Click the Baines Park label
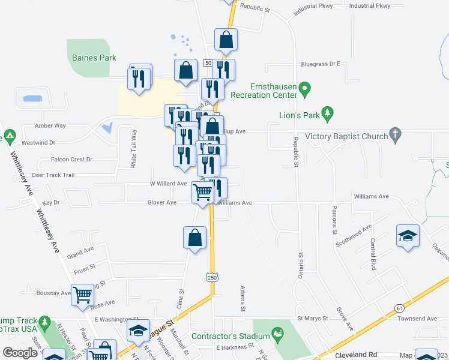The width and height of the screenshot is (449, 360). [94, 58]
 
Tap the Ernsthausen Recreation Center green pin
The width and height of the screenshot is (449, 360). [304, 90]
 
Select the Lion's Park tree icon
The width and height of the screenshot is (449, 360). [327, 112]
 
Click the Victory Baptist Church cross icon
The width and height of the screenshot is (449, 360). [394, 136]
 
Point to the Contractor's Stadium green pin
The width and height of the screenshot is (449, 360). [277, 332]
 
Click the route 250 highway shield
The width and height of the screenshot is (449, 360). [211, 277]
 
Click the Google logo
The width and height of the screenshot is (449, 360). [20, 353]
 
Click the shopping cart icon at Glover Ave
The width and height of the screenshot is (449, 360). [202, 193]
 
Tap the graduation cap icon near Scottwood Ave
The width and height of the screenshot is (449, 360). [408, 235]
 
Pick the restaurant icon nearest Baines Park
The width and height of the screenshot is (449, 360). [139, 79]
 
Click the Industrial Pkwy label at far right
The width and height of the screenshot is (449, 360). [369, 6]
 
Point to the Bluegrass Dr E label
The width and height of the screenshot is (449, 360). [321, 64]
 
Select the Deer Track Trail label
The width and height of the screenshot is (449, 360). [53, 175]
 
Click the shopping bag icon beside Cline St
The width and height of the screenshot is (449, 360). [195, 238]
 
